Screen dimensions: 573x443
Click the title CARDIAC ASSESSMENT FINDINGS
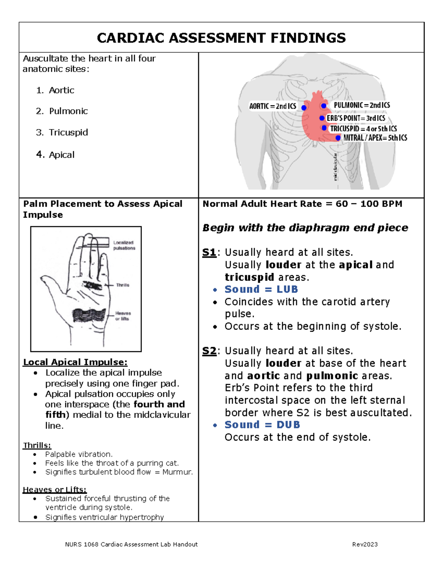pos(221,38)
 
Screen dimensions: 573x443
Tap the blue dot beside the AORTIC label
pos(304,108)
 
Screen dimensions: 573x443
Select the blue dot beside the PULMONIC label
pos(324,106)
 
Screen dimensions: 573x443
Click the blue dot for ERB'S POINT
pos(322,118)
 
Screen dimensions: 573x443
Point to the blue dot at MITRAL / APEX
pos(338,138)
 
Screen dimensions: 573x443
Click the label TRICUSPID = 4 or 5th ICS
pos(363,129)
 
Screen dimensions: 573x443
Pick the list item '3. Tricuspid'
pos(62,132)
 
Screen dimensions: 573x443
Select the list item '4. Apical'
pos(55,155)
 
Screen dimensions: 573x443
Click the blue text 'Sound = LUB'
pos(261,289)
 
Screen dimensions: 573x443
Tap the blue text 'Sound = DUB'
pos(262,425)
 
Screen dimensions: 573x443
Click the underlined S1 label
pos(209,252)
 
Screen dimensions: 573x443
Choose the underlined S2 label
pos(209,351)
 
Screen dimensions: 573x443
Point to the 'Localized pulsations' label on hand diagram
pos(124,245)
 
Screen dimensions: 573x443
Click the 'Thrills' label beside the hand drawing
pos(123,285)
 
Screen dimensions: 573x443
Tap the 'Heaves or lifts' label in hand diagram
pos(123,316)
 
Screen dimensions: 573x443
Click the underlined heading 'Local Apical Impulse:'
pos(75,362)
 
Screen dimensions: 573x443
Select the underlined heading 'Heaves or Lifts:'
pos(55,490)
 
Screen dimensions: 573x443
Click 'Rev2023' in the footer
pos(365,544)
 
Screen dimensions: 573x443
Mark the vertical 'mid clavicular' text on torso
pos(335,167)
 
